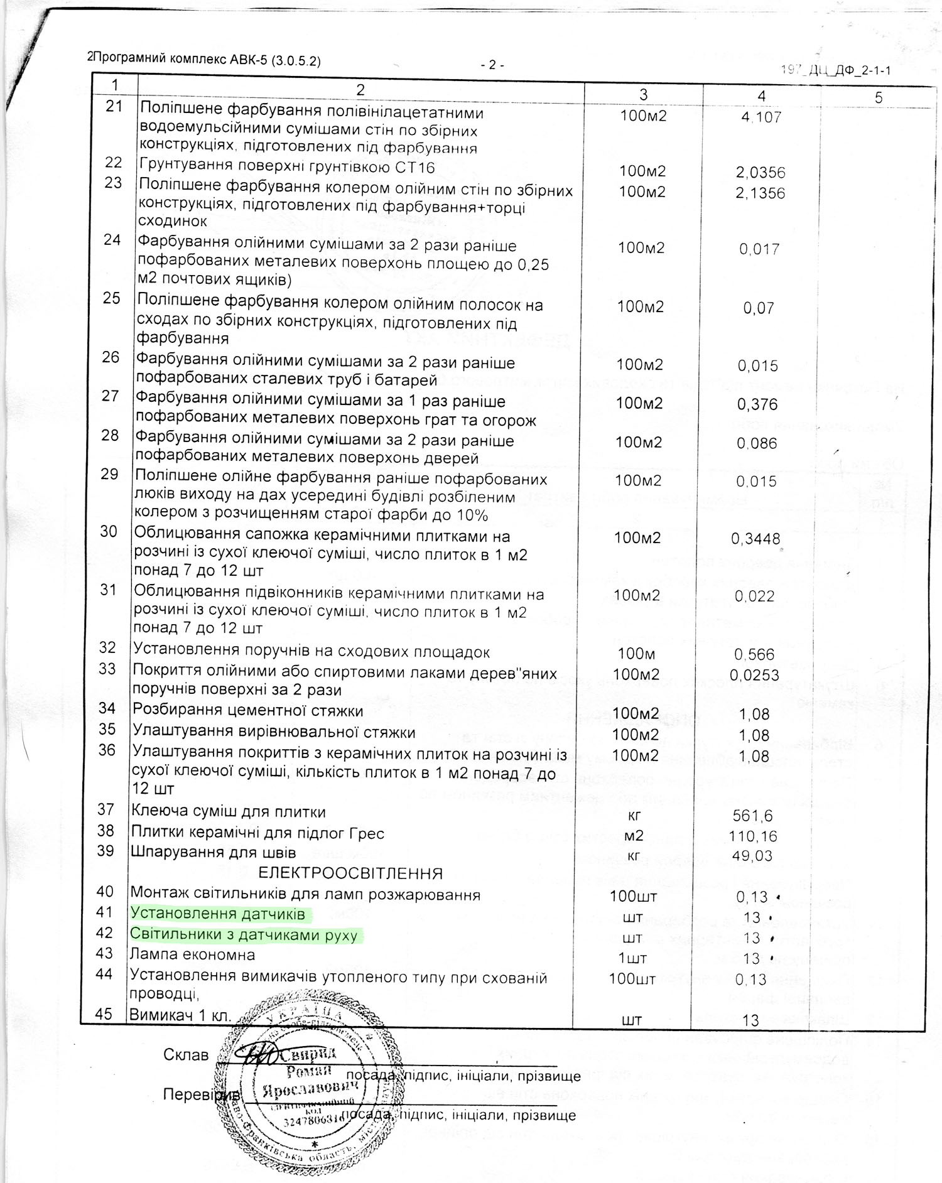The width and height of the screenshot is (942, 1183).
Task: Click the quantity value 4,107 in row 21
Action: click(x=761, y=117)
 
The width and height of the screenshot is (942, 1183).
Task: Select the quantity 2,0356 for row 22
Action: click(x=761, y=173)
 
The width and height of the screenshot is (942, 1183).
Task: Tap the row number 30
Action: click(x=109, y=532)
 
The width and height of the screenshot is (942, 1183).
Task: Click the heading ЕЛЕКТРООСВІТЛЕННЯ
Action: click(x=350, y=873)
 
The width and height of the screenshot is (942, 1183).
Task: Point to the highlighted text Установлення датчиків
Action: click(x=218, y=914)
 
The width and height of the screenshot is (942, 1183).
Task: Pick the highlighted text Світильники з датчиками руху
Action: click(x=244, y=935)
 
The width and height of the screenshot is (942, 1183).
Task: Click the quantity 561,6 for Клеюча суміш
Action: click(x=752, y=816)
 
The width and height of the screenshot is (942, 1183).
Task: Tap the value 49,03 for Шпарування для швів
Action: click(x=752, y=856)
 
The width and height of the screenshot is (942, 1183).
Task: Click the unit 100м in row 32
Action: click(x=636, y=654)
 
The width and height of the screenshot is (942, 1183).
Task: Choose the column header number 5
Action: click(x=879, y=97)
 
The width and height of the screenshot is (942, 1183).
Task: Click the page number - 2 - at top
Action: click(x=492, y=65)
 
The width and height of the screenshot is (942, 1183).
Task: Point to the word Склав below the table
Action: click(x=186, y=1055)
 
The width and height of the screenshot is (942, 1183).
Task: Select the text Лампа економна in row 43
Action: click(x=192, y=955)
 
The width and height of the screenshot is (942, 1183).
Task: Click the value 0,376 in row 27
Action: click(x=757, y=404)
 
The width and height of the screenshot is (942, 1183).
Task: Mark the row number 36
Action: click(x=107, y=750)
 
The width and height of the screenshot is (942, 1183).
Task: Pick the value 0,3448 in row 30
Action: click(x=755, y=539)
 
